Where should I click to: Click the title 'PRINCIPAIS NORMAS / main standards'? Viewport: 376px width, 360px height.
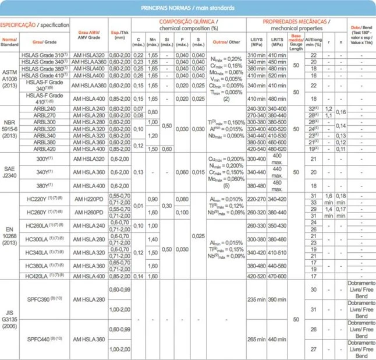click(187, 9)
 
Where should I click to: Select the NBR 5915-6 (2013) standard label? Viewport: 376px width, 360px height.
click(10, 128)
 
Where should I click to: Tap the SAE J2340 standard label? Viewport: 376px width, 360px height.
click(10, 173)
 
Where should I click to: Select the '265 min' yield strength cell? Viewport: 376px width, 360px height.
click(254, 339)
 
